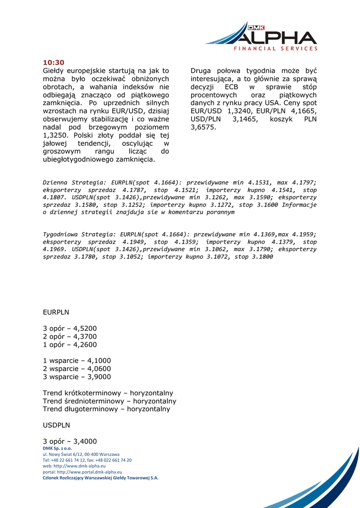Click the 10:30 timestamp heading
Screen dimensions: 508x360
54,63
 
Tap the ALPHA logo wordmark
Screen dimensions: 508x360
276,37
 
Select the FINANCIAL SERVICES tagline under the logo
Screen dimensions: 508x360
276,49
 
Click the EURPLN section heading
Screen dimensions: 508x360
56,313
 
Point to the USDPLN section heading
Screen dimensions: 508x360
57,425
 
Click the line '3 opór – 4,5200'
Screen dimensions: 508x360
70,328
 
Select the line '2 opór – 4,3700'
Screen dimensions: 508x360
70,336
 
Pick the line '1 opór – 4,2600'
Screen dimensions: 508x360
70,345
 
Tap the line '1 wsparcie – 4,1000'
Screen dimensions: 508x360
77,361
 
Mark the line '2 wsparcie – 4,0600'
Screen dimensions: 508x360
77,369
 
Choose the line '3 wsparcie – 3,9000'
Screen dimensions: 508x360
77,377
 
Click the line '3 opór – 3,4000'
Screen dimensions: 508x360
70,442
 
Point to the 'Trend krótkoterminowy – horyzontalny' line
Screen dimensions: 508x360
108,393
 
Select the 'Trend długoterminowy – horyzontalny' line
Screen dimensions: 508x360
106,409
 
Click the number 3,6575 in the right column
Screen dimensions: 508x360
204,127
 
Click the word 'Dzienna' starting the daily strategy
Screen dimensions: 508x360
56,183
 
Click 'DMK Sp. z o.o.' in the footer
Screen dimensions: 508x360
57,448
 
